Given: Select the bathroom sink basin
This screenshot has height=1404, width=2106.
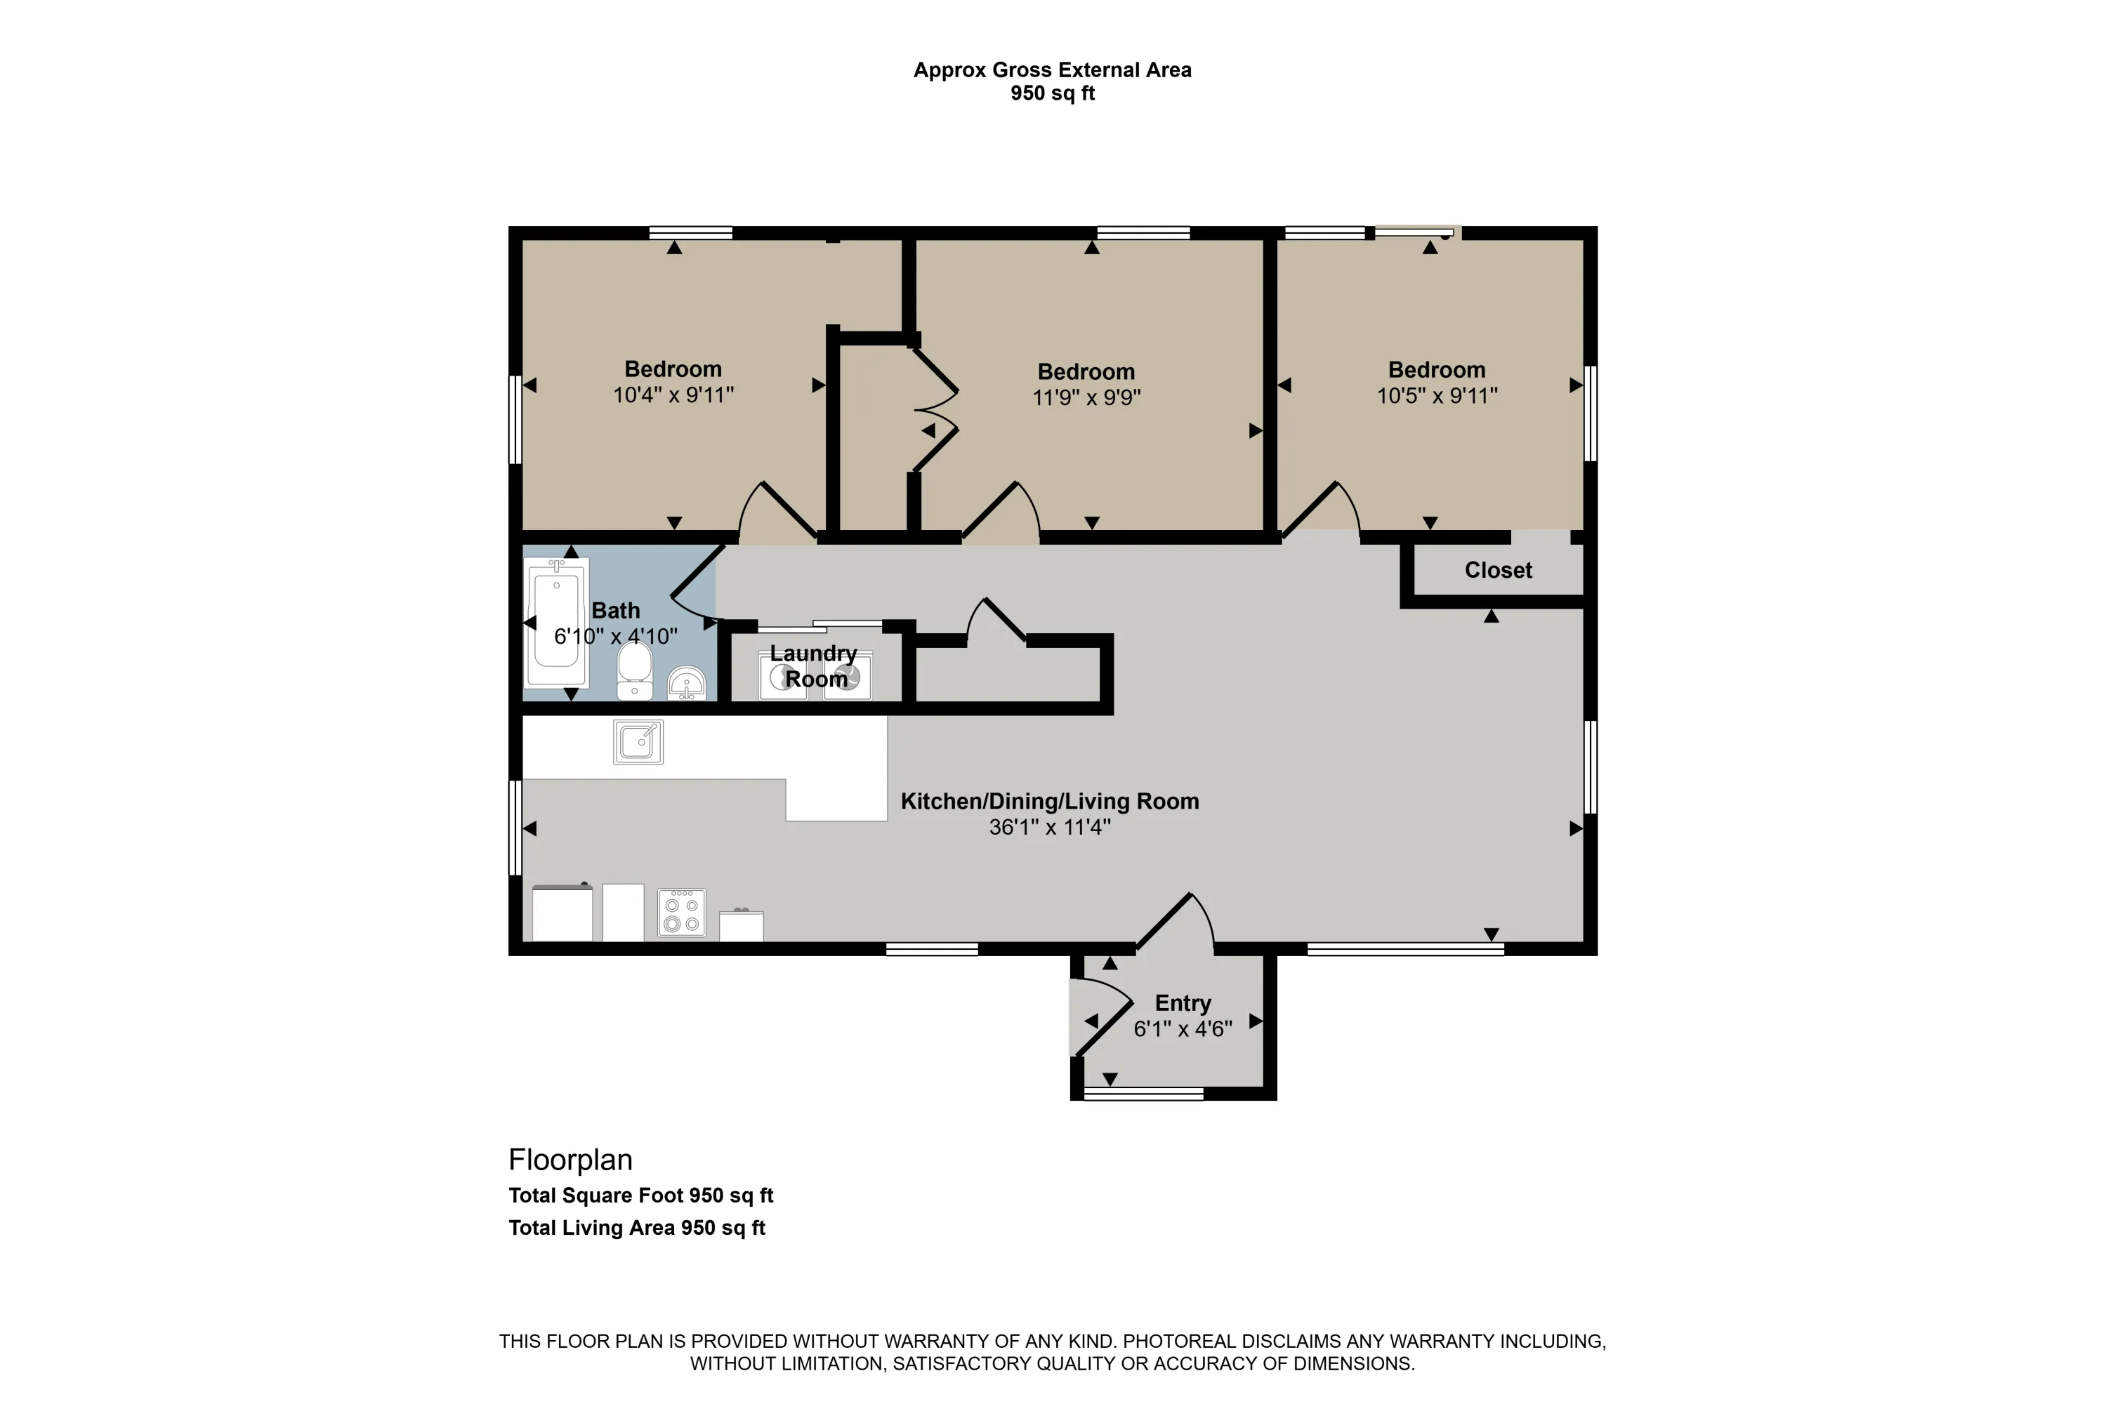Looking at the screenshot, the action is click(x=687, y=683).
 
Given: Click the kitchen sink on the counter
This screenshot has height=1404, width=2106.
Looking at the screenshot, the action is click(x=638, y=742).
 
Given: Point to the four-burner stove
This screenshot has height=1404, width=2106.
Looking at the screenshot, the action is click(x=682, y=913).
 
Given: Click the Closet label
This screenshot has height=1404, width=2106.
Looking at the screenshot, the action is click(x=1498, y=570).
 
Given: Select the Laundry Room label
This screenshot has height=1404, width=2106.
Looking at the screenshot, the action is click(x=815, y=666).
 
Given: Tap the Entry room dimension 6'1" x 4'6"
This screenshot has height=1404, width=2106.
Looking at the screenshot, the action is click(x=1183, y=1029).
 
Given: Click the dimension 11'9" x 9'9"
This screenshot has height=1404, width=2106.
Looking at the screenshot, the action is click(x=1086, y=397).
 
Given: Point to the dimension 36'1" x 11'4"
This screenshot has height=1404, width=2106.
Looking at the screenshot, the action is click(x=1049, y=826).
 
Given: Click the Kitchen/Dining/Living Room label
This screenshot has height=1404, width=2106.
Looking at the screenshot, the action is click(x=1049, y=802).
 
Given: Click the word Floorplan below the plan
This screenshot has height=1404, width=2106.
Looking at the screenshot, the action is click(x=571, y=1160).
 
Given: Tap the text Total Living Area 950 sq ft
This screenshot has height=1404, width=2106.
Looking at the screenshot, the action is click(x=637, y=1228).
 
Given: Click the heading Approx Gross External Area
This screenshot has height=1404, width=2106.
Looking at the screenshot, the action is click(x=1053, y=69).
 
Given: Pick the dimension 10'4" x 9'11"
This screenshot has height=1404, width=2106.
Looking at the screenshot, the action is click(x=673, y=394).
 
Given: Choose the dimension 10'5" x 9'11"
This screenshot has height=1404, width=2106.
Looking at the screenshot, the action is click(x=1437, y=395).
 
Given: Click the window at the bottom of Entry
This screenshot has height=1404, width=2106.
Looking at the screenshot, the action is click(x=1144, y=1093).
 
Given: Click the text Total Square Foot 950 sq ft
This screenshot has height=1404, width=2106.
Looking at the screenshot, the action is click(x=640, y=1196).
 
